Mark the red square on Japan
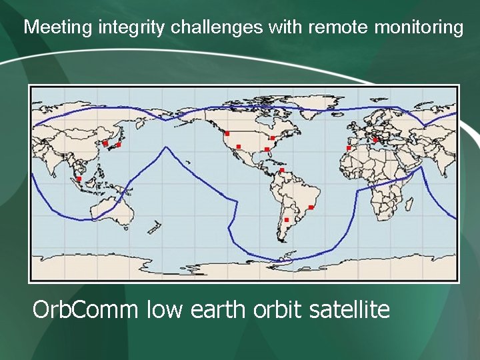[119, 145]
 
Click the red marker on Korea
[105, 143]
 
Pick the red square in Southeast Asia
[79, 179]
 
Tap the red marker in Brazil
[311, 207]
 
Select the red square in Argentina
[286, 219]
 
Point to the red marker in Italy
[375, 139]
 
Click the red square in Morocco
[348, 148]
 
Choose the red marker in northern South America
[282, 171]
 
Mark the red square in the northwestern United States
[227, 134]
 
